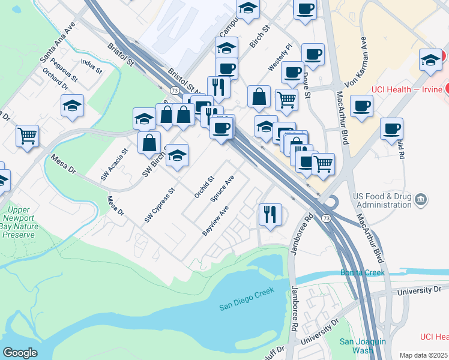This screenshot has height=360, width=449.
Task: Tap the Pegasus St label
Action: (x=65, y=70)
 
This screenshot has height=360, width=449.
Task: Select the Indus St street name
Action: (x=91, y=66)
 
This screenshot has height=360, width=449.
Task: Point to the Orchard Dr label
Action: (x=55, y=79)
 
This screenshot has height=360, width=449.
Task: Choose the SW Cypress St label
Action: (x=159, y=206)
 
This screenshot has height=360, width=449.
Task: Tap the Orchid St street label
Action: (x=204, y=187)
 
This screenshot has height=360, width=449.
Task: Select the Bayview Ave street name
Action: (x=216, y=221)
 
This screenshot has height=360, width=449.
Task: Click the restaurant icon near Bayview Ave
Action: (x=270, y=214)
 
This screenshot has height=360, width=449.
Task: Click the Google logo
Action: (x=20, y=353)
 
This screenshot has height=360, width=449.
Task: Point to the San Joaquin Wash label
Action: (x=357, y=346)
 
